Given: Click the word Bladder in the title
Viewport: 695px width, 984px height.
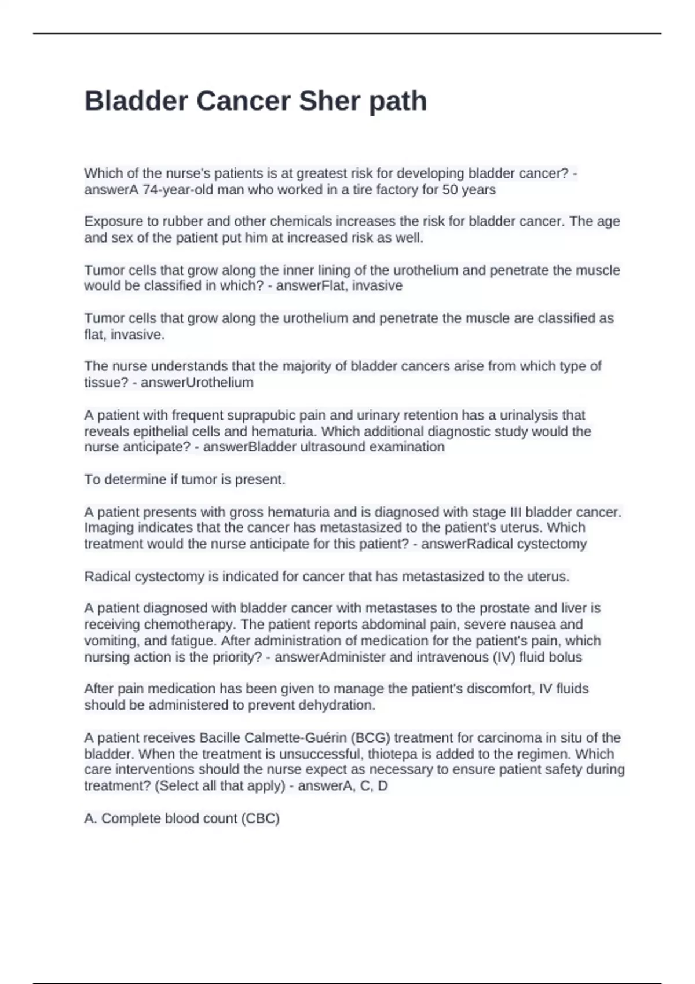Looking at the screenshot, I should pos(136,101).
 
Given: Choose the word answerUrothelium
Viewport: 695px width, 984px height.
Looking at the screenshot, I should pos(197,383).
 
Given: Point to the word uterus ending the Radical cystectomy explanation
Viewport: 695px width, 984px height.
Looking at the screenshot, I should pos(548,577).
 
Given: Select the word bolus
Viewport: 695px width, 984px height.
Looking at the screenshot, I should pos(566,658).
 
